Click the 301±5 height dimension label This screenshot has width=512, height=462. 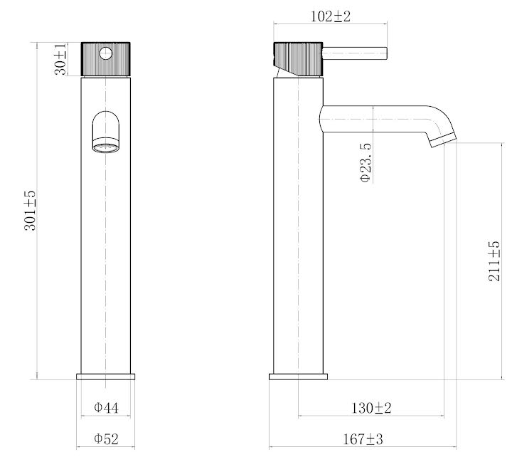[x=30, y=210]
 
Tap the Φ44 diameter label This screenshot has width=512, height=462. [x=105, y=408]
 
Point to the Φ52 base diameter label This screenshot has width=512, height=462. [x=105, y=440]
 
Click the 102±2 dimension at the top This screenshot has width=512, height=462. [x=331, y=16]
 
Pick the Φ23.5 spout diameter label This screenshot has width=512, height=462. [x=365, y=163]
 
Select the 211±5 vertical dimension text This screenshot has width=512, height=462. [x=494, y=261]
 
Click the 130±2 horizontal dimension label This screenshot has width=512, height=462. [x=372, y=408]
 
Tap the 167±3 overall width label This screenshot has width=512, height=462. [x=363, y=440]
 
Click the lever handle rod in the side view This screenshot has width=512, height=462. [x=356, y=52]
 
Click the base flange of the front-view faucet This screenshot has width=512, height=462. [x=105, y=376]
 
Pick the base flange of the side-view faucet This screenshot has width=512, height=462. [x=299, y=376]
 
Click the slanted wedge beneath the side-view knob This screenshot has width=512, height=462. [x=284, y=70]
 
